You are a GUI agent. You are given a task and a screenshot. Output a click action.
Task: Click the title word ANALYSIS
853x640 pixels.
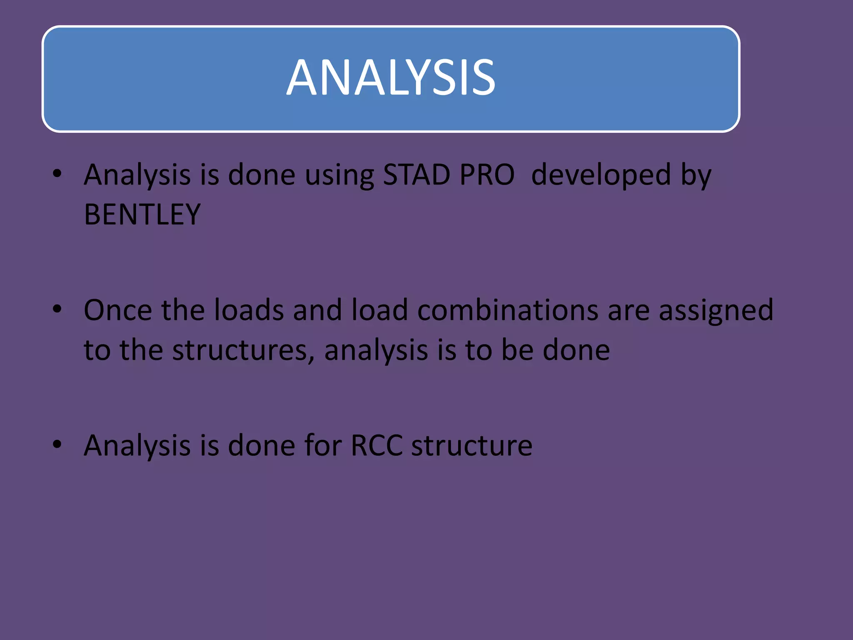[x=391, y=77]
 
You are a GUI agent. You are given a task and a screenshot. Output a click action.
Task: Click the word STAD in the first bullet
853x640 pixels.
[x=417, y=175]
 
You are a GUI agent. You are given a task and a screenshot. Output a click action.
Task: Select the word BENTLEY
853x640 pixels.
[x=142, y=215]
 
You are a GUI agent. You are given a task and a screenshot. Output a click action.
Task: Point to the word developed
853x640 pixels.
[x=601, y=175]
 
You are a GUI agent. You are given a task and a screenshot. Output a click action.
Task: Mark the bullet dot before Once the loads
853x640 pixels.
[x=57, y=309]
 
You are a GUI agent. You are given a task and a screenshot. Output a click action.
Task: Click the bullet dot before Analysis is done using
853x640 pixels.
[x=57, y=173]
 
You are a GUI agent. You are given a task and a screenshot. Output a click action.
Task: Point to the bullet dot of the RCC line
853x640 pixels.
[x=57, y=445]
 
